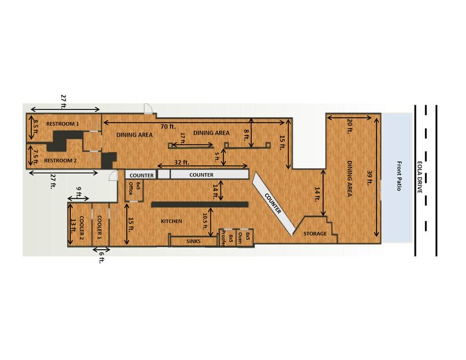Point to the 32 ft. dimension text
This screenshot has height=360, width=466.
pyautogui.click(x=182, y=163)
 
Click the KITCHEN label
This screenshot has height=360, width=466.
pyautogui.click(x=172, y=221)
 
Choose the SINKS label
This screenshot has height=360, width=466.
pyautogui.click(x=194, y=242)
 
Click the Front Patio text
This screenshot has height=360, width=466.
pyautogui.click(x=399, y=176)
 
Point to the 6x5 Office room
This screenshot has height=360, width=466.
pyautogui.click(x=131, y=189)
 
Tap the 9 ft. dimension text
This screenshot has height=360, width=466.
pyautogui.click(x=78, y=189)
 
